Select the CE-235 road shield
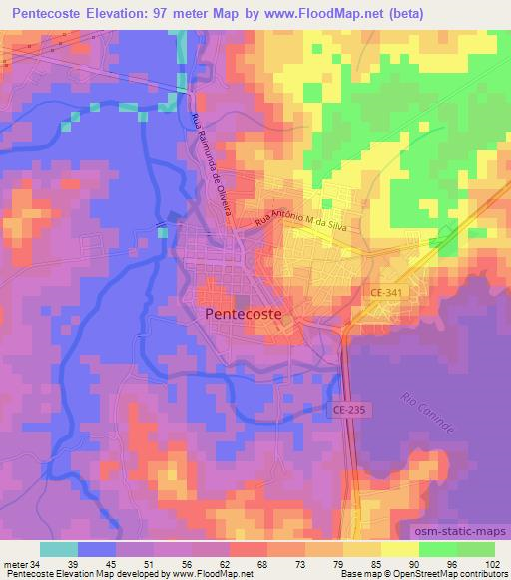point(346,409)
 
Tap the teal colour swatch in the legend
point(58,549)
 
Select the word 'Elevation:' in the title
point(131,14)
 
